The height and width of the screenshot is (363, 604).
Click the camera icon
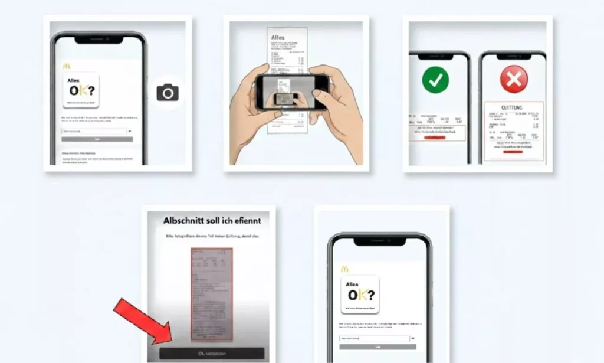(168, 93)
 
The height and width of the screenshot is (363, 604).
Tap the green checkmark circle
(435, 79)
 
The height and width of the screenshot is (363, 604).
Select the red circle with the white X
(514, 79)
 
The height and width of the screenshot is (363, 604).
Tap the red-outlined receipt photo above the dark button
(211, 293)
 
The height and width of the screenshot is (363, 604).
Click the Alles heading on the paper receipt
(277, 38)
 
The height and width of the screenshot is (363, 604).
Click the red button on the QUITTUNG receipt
(513, 151)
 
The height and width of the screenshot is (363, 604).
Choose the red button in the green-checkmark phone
(435, 137)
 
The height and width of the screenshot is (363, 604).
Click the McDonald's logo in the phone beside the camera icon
(66, 66)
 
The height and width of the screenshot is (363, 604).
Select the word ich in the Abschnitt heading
(230, 220)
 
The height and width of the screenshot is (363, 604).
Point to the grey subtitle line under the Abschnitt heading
(211, 235)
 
